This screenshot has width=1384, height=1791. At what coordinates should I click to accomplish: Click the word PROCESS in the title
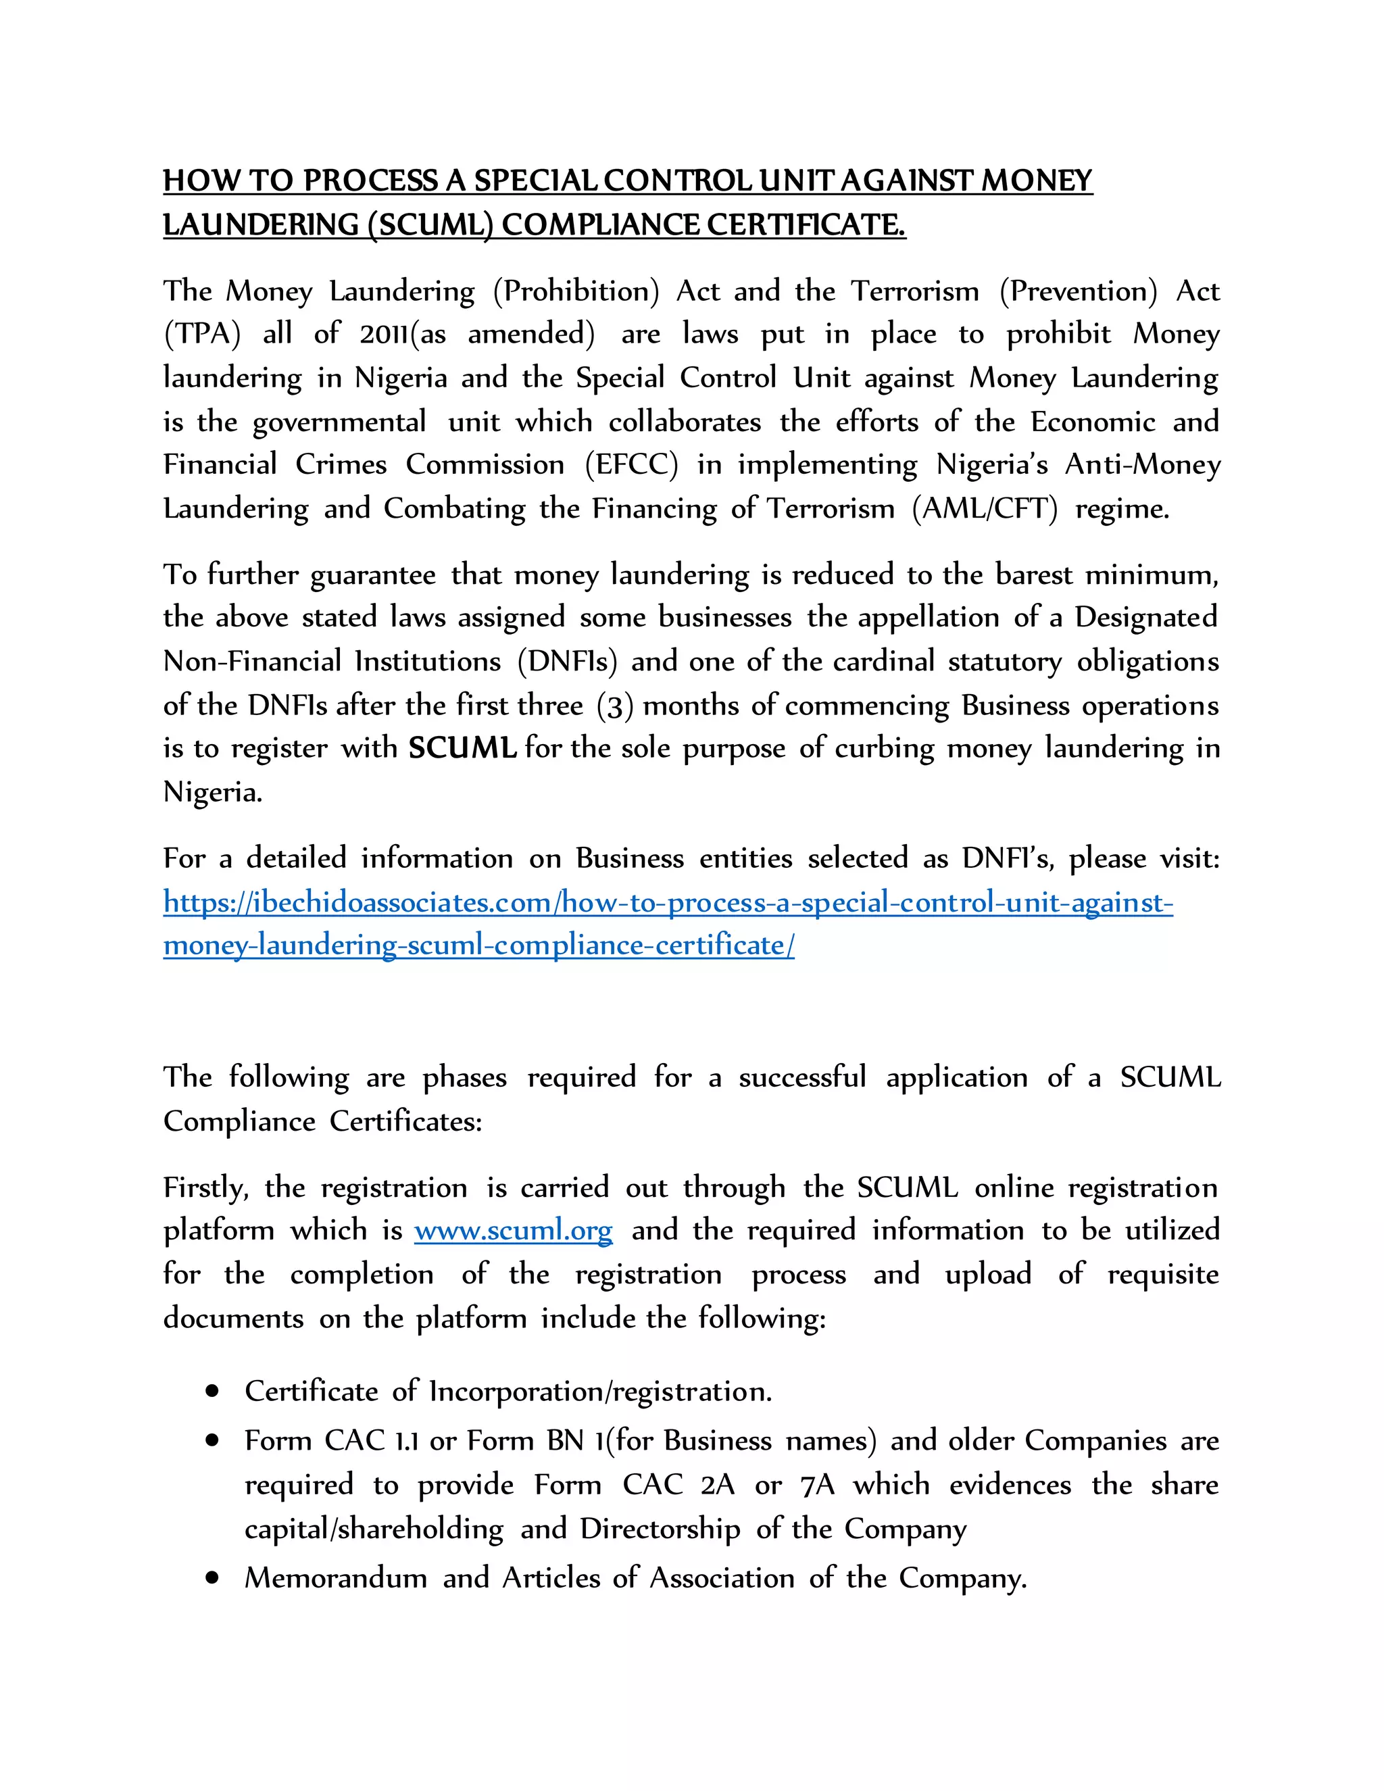click(370, 181)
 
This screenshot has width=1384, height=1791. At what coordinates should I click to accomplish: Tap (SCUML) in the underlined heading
click(430, 224)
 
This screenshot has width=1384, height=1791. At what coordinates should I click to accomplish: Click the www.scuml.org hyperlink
click(514, 1231)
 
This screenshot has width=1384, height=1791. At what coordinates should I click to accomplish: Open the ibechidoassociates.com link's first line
click(668, 902)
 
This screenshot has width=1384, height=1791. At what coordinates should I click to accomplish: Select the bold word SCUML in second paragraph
click(462, 748)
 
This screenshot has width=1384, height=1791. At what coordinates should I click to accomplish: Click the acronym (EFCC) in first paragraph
click(631, 465)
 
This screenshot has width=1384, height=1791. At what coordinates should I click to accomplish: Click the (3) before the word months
click(615, 705)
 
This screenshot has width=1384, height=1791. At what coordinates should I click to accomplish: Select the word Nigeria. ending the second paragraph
click(212, 792)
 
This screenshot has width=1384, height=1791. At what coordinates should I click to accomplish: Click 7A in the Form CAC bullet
click(816, 1485)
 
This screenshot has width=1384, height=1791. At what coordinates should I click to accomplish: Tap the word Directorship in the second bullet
click(660, 1529)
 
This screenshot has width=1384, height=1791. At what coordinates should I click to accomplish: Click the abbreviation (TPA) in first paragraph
click(203, 334)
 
